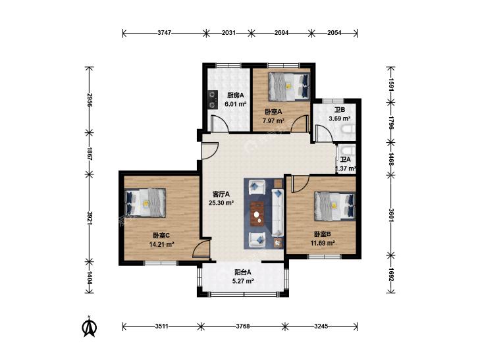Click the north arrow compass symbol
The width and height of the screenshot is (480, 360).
(x=90, y=327)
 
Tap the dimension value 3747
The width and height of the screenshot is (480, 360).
(x=164, y=33)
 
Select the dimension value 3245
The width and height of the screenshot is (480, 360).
(x=321, y=326)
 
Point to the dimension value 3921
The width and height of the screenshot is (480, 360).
(x=90, y=218)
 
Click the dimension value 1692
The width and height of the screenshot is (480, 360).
(x=390, y=274)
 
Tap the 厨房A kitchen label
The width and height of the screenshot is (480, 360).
(x=236, y=95)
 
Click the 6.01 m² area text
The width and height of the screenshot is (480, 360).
(x=236, y=104)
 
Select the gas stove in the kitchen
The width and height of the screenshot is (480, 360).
(x=212, y=99)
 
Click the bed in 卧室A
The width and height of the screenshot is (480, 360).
(x=289, y=87)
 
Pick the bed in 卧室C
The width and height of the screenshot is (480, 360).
(x=146, y=203)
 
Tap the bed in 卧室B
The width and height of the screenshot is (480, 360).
(x=335, y=206)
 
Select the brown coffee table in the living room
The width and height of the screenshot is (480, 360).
(x=257, y=214)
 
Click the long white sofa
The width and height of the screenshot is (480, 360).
(x=277, y=213)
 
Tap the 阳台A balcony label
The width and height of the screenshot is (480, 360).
(x=243, y=272)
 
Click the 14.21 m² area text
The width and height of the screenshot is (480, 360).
(x=161, y=244)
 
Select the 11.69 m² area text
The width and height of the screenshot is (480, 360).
(x=323, y=243)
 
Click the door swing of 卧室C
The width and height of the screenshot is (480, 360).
(x=201, y=249)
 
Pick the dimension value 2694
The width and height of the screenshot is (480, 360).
(x=281, y=33)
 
